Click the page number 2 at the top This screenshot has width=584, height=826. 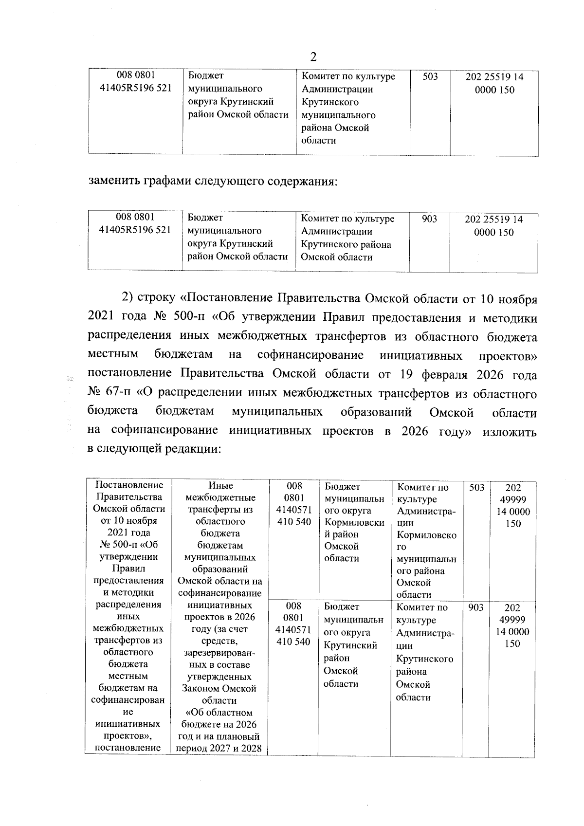tap(313, 57)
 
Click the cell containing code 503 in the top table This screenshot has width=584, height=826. tap(430, 77)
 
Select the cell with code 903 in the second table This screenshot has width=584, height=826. tap(429, 220)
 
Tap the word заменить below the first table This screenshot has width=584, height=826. tap(114, 182)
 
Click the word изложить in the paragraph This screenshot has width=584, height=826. tap(510, 432)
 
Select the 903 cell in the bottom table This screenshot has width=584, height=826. tap(475, 607)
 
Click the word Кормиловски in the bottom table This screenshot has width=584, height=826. tap(354, 523)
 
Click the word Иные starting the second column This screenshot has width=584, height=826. tap(220, 486)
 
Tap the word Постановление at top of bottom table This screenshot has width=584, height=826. tap(129, 485)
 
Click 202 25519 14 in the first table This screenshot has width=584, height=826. tap(494, 77)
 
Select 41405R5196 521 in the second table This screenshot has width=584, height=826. tap(135, 231)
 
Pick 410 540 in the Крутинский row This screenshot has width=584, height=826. tap(293, 642)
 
